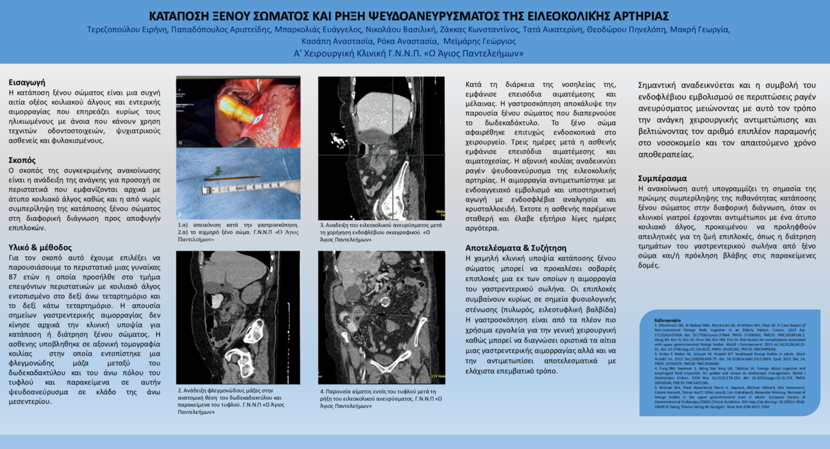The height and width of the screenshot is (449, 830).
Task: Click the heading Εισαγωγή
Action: tap(27, 82)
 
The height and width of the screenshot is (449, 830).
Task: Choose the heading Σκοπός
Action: tap(22, 161)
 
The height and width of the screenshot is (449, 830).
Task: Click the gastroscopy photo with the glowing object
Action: tap(238, 112)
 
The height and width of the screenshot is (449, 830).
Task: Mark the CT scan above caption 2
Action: tap(238, 317)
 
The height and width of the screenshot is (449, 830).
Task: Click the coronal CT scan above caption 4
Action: tap(381, 317)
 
